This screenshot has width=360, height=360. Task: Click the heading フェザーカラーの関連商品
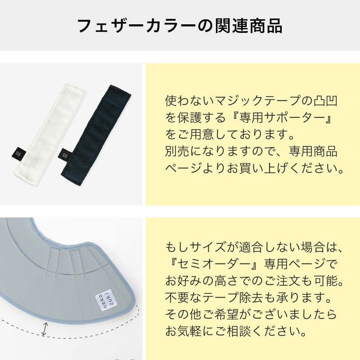tap(180, 26)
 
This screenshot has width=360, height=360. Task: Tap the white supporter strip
tap(50, 134)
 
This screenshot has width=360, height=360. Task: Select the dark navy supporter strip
tap(96, 135)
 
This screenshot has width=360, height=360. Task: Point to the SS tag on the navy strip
tap(65, 155)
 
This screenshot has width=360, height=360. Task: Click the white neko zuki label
tap(106, 300)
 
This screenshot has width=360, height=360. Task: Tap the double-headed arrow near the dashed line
tap(45, 329)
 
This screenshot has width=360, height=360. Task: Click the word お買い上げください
tap(285, 168)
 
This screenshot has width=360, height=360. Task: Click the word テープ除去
tap(233, 297)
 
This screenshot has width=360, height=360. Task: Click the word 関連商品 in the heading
tap(249, 26)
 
